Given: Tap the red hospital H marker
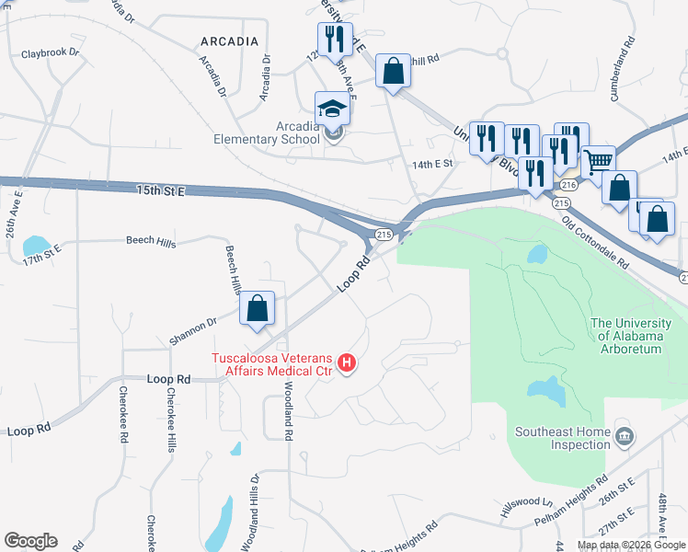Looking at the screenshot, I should coord(347,364).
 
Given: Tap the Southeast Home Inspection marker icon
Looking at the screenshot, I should coord(625,434).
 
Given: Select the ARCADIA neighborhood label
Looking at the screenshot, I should coord(227,41).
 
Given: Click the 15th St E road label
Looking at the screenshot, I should coord(161,190).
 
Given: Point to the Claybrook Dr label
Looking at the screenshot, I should coord(51,52).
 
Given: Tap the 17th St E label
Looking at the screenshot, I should coord(42,249).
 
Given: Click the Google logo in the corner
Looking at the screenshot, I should coord(30,541).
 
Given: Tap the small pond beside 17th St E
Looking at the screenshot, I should coord(36,245).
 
